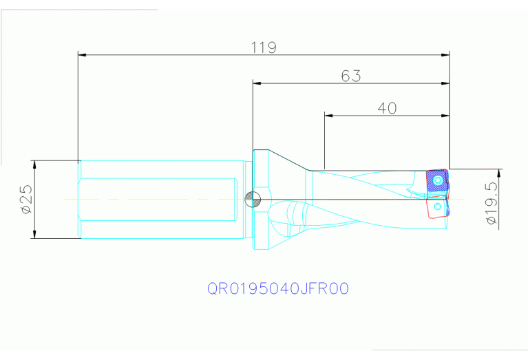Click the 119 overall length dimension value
point(264,47)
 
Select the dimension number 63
point(351,76)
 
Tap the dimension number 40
point(387,108)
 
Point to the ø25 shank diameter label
point(25,200)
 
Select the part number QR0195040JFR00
point(278,288)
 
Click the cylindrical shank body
point(162,200)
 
